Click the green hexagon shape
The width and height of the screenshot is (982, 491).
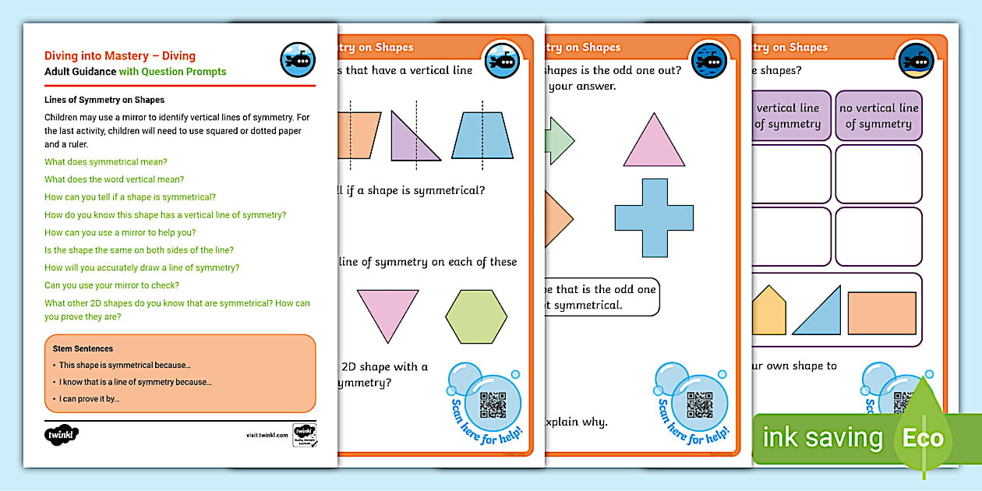coord(476,316)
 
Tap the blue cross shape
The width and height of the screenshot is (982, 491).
coord(654,217)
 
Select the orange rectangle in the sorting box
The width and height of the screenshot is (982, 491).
coord(881,313)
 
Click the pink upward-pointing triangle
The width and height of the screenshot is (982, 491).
coord(654,143)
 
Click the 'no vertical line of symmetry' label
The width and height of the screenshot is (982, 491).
coord(878,116)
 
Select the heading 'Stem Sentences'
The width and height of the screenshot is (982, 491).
coord(83,348)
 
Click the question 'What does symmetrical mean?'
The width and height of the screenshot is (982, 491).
coord(105,162)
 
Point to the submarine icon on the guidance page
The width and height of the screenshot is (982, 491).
coord(297,60)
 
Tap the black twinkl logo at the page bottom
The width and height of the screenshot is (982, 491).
coord(62,434)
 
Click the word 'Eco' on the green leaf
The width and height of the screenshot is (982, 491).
coord(923,438)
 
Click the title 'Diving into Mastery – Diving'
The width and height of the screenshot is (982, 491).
coord(120,55)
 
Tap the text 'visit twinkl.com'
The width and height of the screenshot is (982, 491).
coord(267,435)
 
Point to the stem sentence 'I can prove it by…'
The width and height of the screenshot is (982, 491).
coord(89,399)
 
